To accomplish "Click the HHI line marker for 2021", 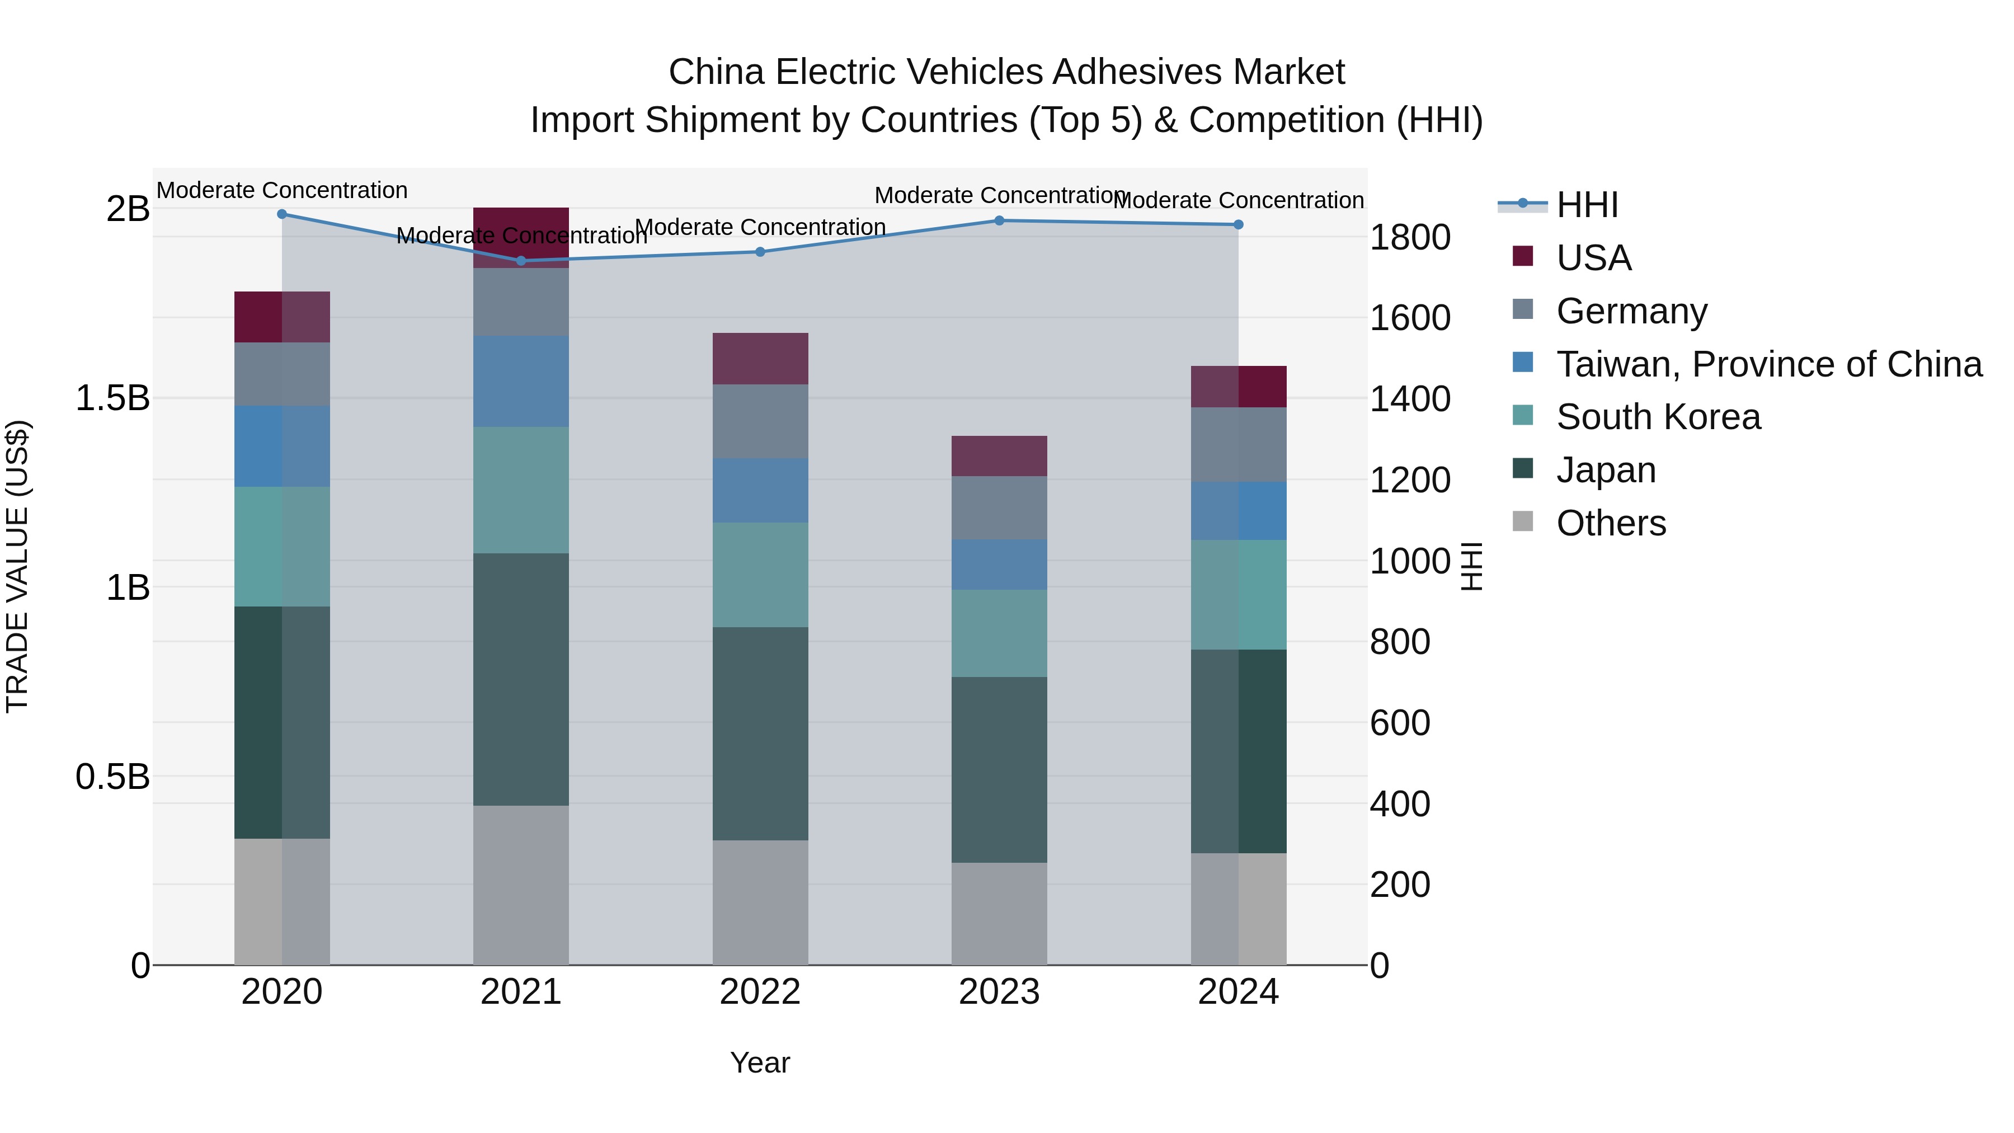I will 521,260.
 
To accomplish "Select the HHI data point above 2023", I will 999,220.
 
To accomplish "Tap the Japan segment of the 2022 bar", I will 760,734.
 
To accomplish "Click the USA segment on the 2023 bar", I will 999,456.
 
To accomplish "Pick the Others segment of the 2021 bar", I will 521,885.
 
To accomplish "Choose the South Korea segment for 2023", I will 999,633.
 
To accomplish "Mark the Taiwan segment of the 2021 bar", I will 521,382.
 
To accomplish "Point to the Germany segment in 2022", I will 760,421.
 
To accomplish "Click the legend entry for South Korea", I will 1658,417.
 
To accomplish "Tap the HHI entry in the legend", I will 1587,205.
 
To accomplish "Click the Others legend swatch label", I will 1611,523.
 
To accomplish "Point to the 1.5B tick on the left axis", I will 112,398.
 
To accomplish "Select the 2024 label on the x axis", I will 1239,992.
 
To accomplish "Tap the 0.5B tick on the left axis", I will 112,777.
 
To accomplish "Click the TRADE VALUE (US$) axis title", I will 17,566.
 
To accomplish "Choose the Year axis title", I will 760,1063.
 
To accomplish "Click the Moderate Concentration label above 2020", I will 283,190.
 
